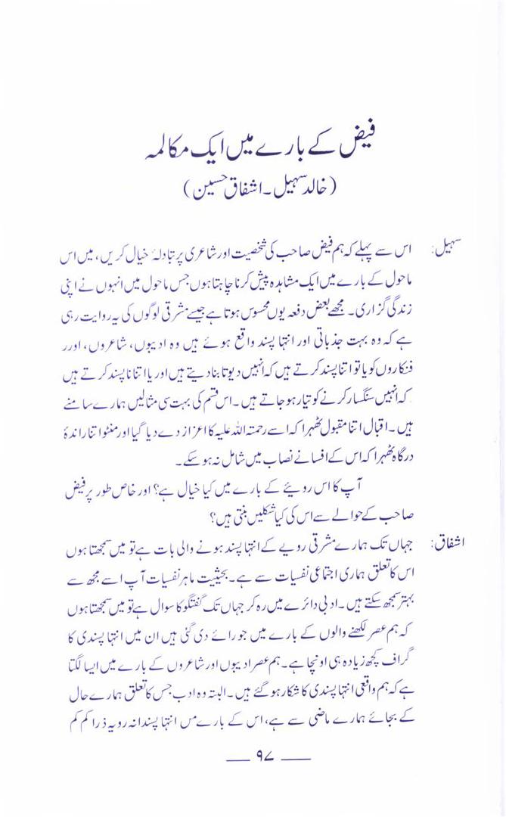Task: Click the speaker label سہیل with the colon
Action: coord(439,250)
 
